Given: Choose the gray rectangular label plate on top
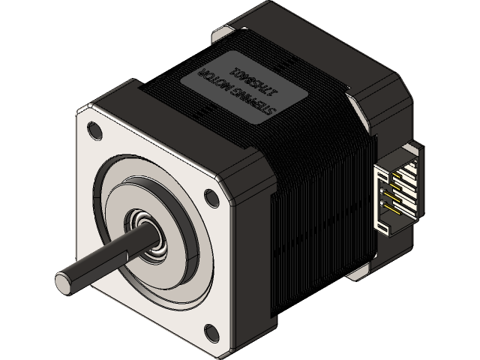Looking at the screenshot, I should click(x=240, y=86).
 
